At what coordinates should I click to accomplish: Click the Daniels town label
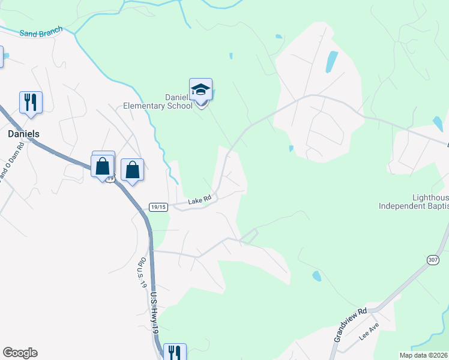[24, 134]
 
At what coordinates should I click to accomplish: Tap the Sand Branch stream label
[41, 34]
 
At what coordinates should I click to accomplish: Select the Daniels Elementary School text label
[158, 101]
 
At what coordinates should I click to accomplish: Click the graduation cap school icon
[200, 91]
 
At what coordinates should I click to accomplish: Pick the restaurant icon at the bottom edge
[175, 352]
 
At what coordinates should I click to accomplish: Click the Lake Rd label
[200, 200]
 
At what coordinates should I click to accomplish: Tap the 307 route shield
[433, 259]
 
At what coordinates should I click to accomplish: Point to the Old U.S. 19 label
[143, 274]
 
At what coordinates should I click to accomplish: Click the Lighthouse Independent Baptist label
[414, 202]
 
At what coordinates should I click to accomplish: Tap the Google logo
[20, 353]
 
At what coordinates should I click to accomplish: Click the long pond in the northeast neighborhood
[331, 61]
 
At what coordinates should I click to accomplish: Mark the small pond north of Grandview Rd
[316, 276]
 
